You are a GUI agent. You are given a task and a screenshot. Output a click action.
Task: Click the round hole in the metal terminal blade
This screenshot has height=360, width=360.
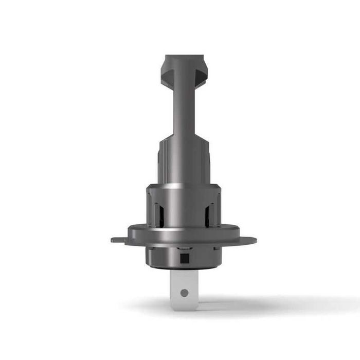coord(184,293)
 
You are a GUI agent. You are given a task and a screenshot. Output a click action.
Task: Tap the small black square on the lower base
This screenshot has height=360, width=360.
coord(184,255)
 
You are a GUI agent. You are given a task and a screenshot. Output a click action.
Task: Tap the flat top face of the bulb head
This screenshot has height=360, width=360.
coord(184,57)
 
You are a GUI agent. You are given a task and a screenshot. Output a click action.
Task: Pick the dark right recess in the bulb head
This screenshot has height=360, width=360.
coord(201,74)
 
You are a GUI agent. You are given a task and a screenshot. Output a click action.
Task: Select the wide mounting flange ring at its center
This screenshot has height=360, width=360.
coord(184,238)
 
